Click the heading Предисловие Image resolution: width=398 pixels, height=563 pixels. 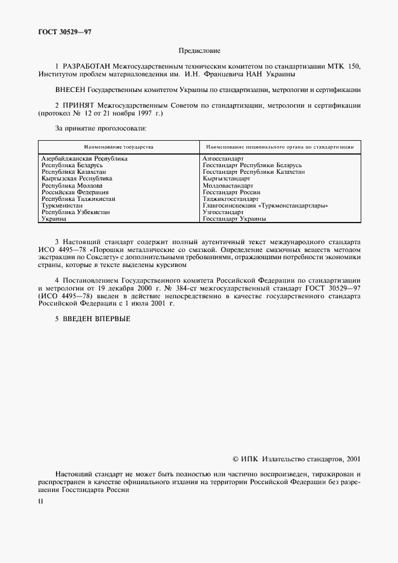click(x=199, y=51)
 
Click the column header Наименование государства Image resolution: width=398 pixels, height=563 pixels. click(x=119, y=146)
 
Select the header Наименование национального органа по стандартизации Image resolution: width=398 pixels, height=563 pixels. click(x=279, y=146)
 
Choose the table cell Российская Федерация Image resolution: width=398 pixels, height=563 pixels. click(x=75, y=192)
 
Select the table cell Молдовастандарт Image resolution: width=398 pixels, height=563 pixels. click(x=228, y=186)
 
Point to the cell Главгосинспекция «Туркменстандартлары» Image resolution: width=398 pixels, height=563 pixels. click(x=266, y=206)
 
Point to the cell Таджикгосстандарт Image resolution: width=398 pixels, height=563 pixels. click(x=230, y=199)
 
